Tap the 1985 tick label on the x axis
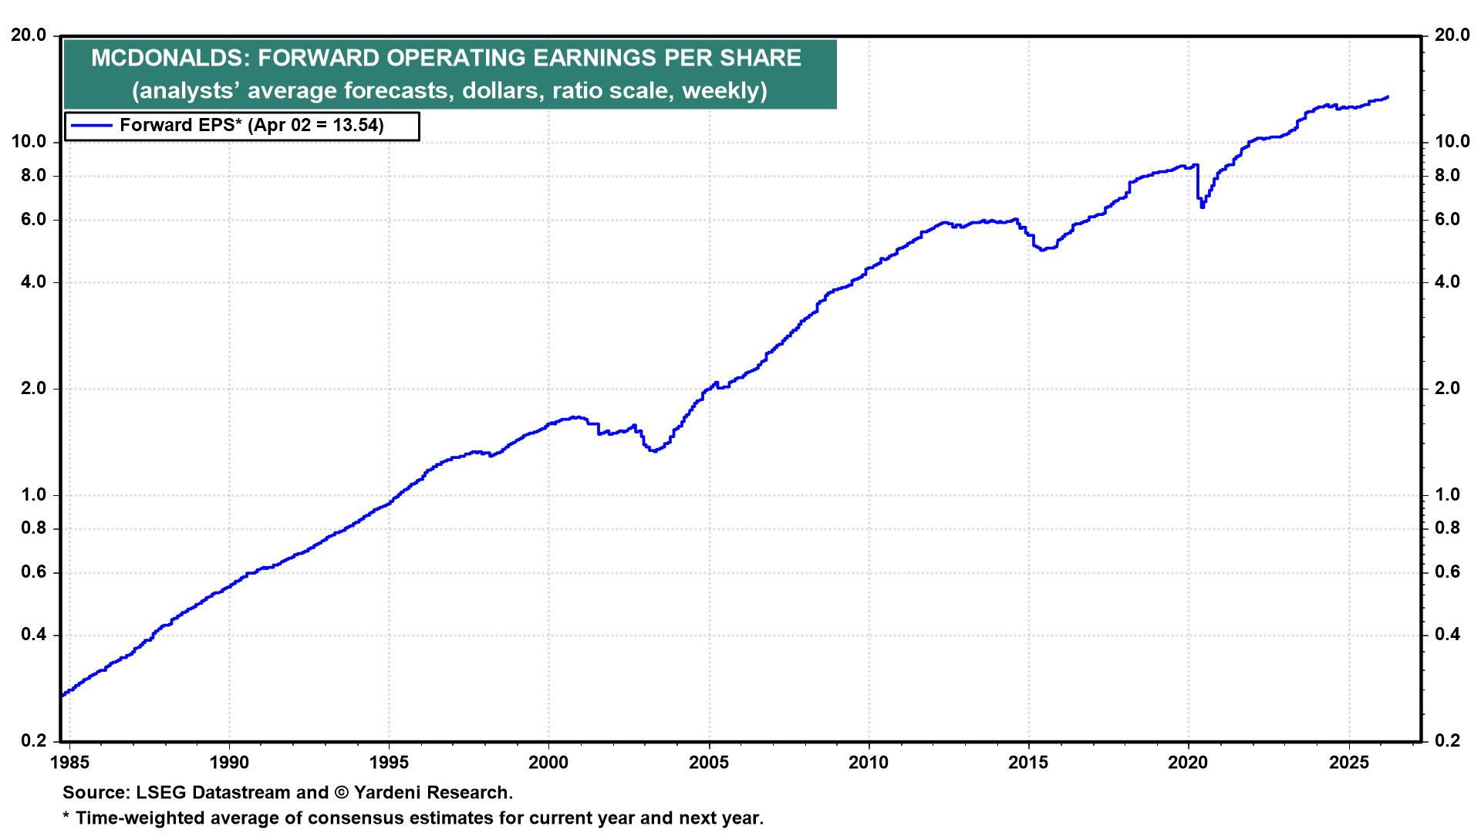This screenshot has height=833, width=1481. (69, 763)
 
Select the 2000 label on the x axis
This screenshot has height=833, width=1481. (548, 763)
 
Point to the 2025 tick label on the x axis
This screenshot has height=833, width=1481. (1349, 763)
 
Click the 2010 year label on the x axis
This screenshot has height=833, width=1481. (869, 763)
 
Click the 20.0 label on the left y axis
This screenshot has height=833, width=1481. (29, 35)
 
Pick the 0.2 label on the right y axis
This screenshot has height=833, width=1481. (1447, 741)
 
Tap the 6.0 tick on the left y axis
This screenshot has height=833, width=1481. (33, 220)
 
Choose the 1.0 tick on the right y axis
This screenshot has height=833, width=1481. (1447, 494)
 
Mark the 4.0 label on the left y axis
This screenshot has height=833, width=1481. (33, 282)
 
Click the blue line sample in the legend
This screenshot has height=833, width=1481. (91, 126)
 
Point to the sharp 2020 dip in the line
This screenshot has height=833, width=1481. (1202, 206)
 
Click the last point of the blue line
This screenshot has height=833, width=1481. (1388, 97)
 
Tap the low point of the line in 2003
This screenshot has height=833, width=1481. (654, 450)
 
